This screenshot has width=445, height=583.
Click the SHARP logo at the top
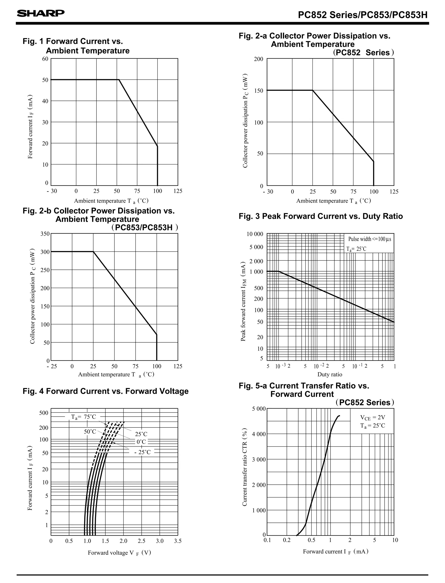(41, 13)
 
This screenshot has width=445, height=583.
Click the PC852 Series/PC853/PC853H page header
(363, 15)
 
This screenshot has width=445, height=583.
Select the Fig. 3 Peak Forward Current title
(320, 216)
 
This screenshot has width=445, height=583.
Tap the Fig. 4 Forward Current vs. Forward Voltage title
(105, 391)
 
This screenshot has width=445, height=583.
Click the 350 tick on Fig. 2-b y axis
(45, 234)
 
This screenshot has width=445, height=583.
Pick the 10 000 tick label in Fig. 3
(255, 234)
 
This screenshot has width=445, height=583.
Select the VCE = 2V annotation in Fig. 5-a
(372, 418)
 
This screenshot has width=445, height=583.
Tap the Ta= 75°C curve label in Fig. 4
(83, 417)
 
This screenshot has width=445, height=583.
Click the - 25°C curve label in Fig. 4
(142, 452)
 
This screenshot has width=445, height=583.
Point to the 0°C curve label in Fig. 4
(141, 442)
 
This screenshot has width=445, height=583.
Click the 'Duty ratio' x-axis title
(330, 375)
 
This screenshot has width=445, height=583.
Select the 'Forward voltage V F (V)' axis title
(119, 553)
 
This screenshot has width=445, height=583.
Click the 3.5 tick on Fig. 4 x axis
(178, 541)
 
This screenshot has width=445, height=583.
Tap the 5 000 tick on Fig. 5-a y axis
(259, 409)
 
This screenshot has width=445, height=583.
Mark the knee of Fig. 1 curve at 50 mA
(119, 80)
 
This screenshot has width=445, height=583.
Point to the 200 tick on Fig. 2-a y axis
(259, 59)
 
